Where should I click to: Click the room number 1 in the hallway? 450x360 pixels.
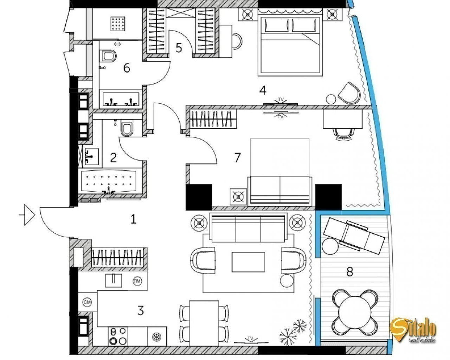(x=133, y=219)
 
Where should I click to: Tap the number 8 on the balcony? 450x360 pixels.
(x=350, y=272)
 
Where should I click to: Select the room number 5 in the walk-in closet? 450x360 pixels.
(x=179, y=48)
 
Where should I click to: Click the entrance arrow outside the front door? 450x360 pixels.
(x=27, y=215)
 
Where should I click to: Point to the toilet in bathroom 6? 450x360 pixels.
(x=108, y=56)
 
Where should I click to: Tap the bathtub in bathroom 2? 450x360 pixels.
(x=109, y=181)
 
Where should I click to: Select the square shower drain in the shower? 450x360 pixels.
(x=118, y=24)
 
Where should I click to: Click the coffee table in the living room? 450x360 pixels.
(x=248, y=262)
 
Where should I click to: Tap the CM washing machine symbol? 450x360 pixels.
(x=87, y=302)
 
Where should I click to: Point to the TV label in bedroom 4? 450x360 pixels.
(x=281, y=99)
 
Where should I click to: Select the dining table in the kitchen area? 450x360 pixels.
(x=204, y=323)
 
